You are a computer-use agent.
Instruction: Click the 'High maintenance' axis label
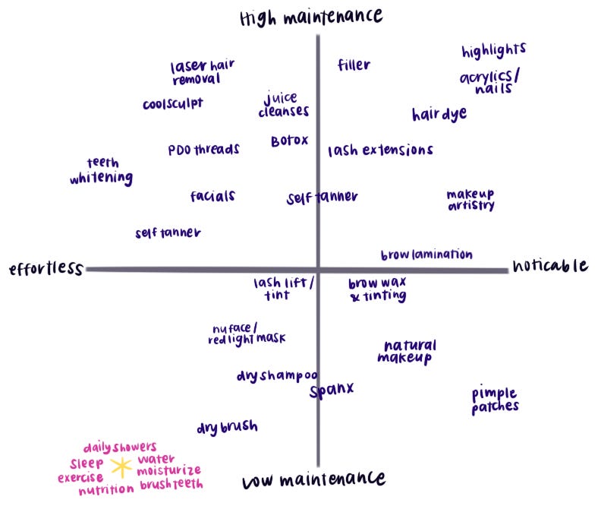pyautogui.click(x=311, y=16)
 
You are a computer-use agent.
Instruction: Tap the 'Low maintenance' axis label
pyautogui.click(x=313, y=480)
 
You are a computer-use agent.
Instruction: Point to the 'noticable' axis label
pyautogui.click(x=549, y=265)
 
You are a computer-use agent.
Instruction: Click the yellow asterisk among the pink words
pyautogui.click(x=121, y=466)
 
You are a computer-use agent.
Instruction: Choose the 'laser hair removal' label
pyautogui.click(x=202, y=72)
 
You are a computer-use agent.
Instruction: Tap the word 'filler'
pyautogui.click(x=354, y=65)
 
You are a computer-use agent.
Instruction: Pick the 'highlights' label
pyautogui.click(x=493, y=51)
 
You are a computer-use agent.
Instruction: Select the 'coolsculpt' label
pyautogui.click(x=172, y=104)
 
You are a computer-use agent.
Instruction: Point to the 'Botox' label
pyautogui.click(x=289, y=141)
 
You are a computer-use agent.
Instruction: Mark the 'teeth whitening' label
pyautogui.click(x=101, y=172)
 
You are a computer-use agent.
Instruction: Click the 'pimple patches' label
pyautogui.click(x=495, y=400)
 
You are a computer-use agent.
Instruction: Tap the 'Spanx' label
pyautogui.click(x=332, y=391)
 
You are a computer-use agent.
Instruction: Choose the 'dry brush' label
pyautogui.click(x=227, y=428)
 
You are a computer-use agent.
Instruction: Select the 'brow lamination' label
pyautogui.click(x=426, y=255)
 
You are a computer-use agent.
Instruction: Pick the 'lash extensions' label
pyautogui.click(x=380, y=150)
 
